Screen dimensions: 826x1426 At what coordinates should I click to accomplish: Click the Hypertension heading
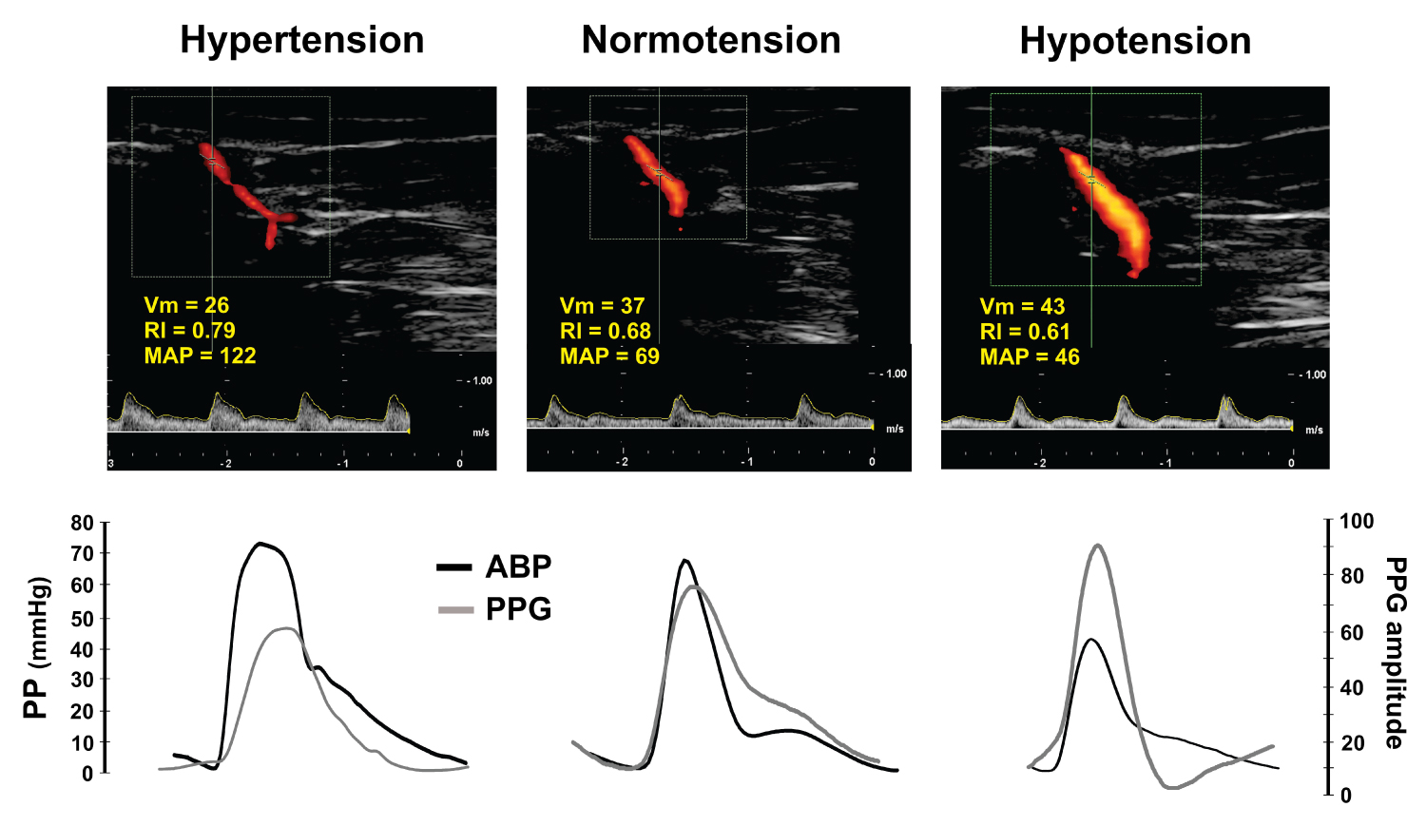click(x=301, y=41)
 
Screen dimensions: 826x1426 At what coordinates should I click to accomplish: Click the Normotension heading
click(x=710, y=41)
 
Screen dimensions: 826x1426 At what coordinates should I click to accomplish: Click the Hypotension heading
click(x=1135, y=42)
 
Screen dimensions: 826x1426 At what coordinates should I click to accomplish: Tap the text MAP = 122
click(x=200, y=355)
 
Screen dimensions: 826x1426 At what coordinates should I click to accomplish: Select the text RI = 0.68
click(x=606, y=331)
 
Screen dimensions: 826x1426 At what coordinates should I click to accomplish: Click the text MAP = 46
click(x=1030, y=356)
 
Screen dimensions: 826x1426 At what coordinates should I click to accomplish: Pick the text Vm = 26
click(x=186, y=305)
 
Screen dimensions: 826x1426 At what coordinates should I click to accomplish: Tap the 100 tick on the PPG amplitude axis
click(x=1357, y=521)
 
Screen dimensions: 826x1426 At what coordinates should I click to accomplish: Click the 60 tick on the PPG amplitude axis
click(x=1351, y=632)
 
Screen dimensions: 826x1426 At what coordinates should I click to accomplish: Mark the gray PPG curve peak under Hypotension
click(x=1097, y=546)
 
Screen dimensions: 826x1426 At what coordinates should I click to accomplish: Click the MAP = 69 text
click(x=609, y=355)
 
